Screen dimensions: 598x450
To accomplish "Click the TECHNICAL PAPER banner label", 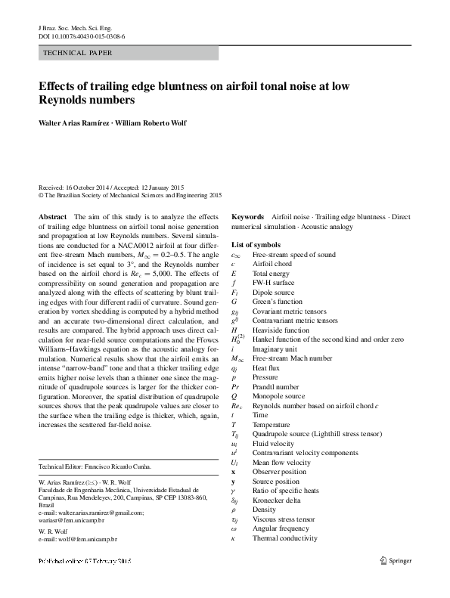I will coord(79,53).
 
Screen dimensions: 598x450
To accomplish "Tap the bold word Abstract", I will coord(52,217).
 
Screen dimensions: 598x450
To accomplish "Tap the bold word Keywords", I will coord(248,217).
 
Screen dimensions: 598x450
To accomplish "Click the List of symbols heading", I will coord(256,245).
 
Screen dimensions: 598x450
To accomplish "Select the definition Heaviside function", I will coord(281,330).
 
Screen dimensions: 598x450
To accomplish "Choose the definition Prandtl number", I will coord(276,386).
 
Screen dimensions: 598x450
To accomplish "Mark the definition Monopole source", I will coord(278,396).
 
